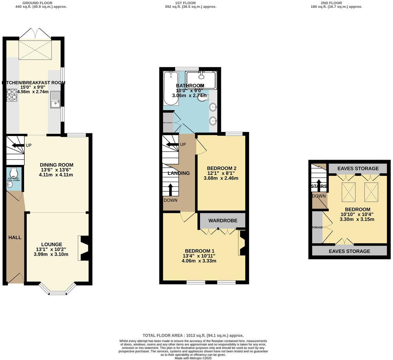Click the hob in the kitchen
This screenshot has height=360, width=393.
pyautogui.click(x=12, y=95)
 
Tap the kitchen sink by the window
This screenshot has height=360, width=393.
pyautogui.click(x=55, y=100)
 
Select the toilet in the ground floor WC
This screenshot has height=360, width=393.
pyautogui.click(x=14, y=172)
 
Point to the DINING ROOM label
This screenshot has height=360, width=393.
pyautogui.click(x=56, y=165)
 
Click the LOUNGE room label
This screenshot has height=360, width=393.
pyautogui.click(x=52, y=245)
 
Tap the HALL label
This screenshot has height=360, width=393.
pyautogui.click(x=15, y=237)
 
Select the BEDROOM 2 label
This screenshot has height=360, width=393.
pyautogui.click(x=221, y=168)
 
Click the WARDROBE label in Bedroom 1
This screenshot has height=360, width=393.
pyautogui.click(x=223, y=221)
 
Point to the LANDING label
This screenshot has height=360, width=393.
pyautogui.click(x=179, y=173)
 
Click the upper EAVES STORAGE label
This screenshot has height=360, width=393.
pyautogui.click(x=358, y=168)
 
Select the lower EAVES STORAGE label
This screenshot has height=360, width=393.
pyautogui.click(x=349, y=251)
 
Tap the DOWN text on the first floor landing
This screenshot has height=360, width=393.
pyautogui.click(x=170, y=200)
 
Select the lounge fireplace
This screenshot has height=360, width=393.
pyautogui.click(x=83, y=248)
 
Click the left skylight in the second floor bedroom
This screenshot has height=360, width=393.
pyautogui.click(x=348, y=192)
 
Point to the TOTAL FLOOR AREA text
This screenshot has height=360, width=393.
pyautogui.click(x=193, y=335)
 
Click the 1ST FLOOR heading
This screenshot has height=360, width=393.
pyautogui.click(x=185, y=3)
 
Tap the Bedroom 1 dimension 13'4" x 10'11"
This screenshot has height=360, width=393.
pyautogui.click(x=199, y=256)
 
